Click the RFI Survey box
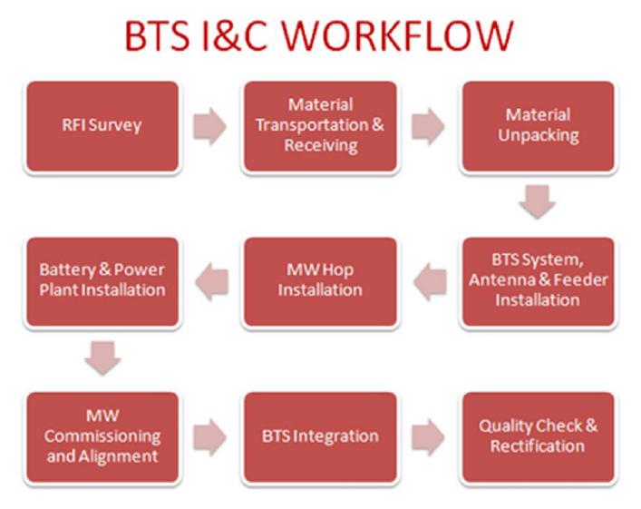coord(102,126)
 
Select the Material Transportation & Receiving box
coord(319,126)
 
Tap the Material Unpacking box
coord(538,126)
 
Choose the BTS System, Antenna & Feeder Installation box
coord(538,281)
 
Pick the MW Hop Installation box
coord(319,281)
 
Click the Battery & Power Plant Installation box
coord(102,280)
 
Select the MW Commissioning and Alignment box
coord(102,436)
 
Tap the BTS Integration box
coord(319,436)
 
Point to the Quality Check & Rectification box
coord(538,436)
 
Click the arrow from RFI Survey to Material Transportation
coord(210,127)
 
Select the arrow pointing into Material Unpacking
coord(428,127)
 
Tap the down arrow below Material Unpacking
coord(538,201)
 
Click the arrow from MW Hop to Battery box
coord(211,282)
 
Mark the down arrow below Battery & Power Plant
coord(102,357)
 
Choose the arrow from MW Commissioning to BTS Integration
coord(210,437)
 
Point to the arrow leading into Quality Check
coord(428,437)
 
